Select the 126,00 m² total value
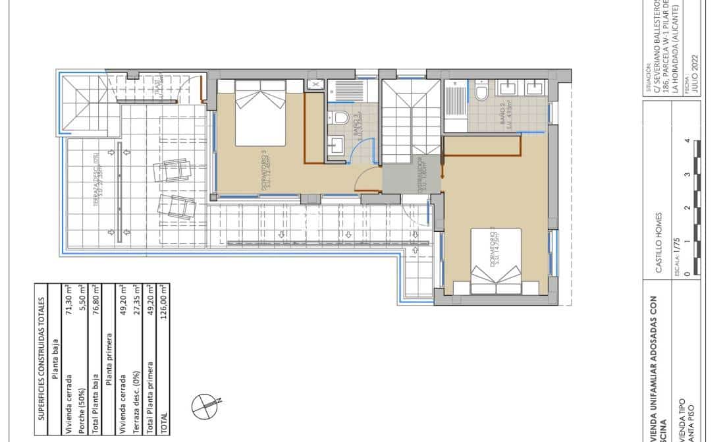pos(159,399)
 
